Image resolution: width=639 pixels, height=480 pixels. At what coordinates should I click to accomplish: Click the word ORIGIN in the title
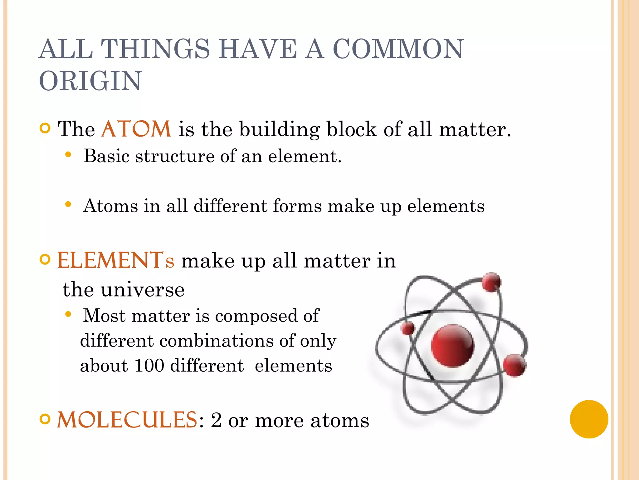point(90,81)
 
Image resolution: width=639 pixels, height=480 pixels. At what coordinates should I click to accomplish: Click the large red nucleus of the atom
point(452,345)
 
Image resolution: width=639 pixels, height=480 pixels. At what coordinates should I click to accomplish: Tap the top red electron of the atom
point(491,282)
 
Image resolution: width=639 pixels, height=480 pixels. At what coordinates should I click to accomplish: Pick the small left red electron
point(407,328)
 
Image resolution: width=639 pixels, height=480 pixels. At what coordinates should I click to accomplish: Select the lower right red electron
point(514,365)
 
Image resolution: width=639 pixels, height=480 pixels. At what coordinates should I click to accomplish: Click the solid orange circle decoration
point(589,419)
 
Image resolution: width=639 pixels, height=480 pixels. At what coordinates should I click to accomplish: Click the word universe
point(143,290)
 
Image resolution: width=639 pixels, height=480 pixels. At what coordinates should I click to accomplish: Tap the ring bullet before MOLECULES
point(45,419)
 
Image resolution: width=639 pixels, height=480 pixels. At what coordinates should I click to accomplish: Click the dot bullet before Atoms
point(68,205)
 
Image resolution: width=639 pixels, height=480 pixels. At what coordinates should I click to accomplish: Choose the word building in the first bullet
point(279,129)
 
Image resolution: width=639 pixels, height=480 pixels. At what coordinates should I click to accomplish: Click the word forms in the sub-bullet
point(297,206)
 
